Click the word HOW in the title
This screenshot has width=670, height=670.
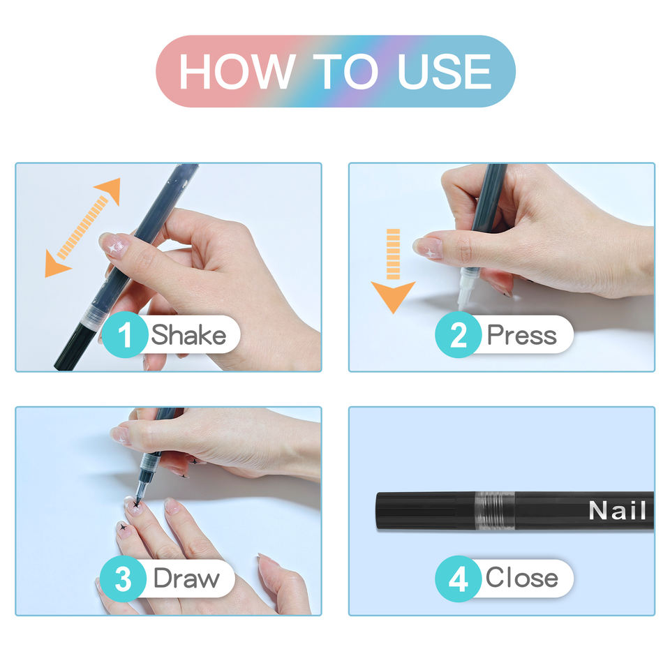coord(237,71)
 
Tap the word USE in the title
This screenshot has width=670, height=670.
coord(445,71)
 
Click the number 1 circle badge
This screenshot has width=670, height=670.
coord(125,334)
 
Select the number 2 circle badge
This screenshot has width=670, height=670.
coord(458,334)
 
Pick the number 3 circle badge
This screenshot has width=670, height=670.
coord(123,579)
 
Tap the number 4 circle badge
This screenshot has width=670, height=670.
coord(458,579)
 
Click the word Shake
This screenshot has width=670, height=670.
coord(188,334)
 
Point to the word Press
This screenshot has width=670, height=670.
coord(522,335)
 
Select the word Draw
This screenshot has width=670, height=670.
coord(186,579)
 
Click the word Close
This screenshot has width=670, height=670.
coord(522,578)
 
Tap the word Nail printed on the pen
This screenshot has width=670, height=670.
coord(618,510)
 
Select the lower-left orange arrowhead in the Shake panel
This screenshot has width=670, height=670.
coord(56,265)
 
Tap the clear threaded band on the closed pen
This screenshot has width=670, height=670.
coord(495,511)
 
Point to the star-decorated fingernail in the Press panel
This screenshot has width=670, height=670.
coord(428,248)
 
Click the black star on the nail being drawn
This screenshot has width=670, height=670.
coord(136,505)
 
